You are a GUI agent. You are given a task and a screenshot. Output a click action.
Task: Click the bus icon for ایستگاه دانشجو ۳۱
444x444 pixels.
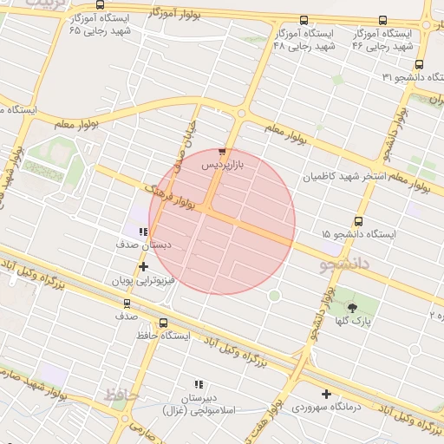[x=420, y=63]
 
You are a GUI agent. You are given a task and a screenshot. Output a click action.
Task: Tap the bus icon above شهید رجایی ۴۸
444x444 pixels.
[x=304, y=20]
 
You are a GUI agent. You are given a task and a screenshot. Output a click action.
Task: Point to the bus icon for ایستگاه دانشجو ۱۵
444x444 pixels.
[x=359, y=221]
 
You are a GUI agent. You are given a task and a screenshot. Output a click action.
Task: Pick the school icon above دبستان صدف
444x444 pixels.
[x=143, y=232]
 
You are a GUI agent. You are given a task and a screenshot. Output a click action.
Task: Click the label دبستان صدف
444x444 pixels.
[x=143, y=245]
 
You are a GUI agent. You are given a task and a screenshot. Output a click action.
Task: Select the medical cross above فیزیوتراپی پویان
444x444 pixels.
[x=143, y=266]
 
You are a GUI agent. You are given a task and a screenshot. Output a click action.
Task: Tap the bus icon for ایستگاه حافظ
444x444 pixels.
[x=164, y=323]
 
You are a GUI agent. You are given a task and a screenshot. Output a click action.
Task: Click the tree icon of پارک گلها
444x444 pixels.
[x=352, y=308]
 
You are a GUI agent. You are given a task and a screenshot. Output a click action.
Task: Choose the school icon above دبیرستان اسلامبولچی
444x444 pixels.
[x=198, y=383]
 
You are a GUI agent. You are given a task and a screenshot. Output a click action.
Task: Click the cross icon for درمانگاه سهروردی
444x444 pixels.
[x=326, y=394]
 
